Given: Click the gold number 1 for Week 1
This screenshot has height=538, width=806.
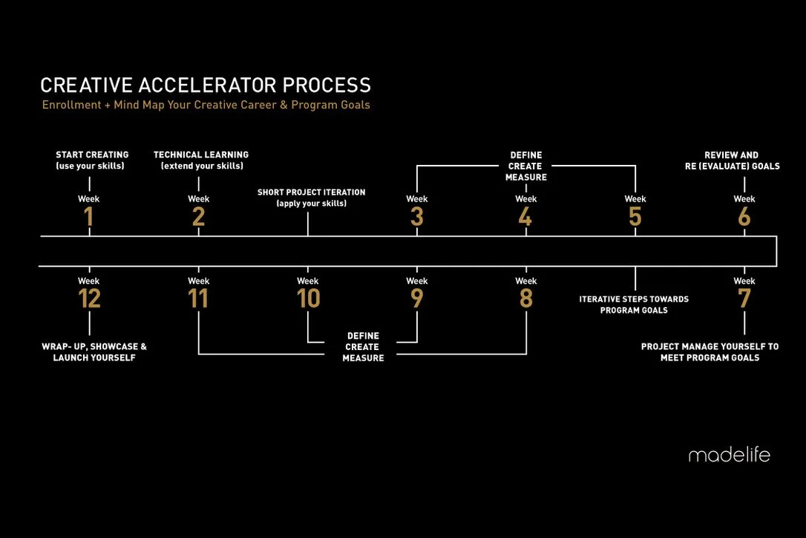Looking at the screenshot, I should pos(89,217).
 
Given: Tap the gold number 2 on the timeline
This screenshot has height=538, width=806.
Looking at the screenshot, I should pos(198,217).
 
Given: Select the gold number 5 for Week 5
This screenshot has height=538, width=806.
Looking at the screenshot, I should pos(635,217).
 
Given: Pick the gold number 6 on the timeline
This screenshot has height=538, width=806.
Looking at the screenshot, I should pos(744,217).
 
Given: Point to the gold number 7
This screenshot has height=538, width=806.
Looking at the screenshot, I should pos(744,299).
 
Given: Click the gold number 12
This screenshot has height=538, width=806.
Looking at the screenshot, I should pos(89,299).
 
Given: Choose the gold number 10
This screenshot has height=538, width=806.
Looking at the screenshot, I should pos(308,299).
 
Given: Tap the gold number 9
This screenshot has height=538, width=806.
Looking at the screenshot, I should pos(417,299).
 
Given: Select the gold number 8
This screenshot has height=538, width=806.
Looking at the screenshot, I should pos(526,299).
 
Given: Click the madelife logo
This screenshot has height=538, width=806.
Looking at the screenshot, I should pos(729,455).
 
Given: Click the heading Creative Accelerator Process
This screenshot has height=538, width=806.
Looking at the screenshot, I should pos(206,85).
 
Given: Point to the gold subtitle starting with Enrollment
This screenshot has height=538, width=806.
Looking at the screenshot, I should pos(206,105).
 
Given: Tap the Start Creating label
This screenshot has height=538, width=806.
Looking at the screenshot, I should pos(92,161).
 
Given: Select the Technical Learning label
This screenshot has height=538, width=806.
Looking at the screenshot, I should pos(201,161).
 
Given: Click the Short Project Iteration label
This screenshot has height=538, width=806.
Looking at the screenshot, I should pos(311,198).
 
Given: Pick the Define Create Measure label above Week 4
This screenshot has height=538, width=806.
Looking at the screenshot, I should pos(526,166).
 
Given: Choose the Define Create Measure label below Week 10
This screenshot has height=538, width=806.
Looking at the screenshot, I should pos(363,347).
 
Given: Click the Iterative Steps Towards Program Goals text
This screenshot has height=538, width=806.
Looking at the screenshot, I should pos(634,305).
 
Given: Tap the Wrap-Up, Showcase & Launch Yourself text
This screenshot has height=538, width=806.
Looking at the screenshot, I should pos(94,352).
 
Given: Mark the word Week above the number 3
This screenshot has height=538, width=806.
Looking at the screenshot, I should pos(417,199).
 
